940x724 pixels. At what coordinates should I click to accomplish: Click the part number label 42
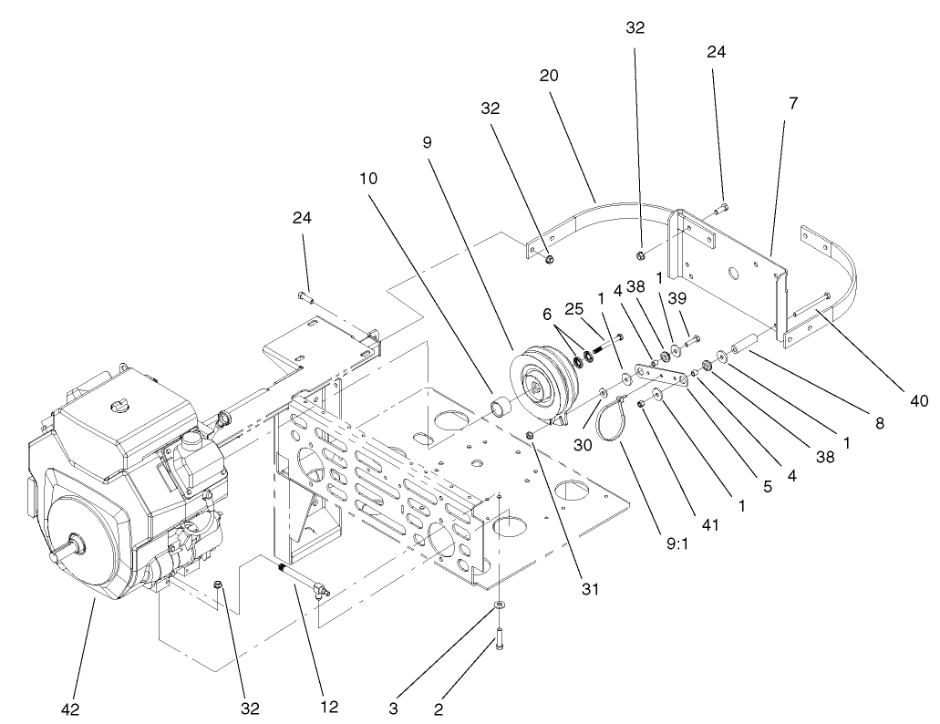(x=71, y=708)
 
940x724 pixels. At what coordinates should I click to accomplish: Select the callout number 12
(x=331, y=707)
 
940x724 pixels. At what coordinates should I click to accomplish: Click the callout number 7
(x=793, y=103)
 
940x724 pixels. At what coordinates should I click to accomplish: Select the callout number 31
(x=591, y=588)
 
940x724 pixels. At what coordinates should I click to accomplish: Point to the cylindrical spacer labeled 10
(x=500, y=405)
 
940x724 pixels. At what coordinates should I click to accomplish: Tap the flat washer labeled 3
(x=501, y=606)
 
